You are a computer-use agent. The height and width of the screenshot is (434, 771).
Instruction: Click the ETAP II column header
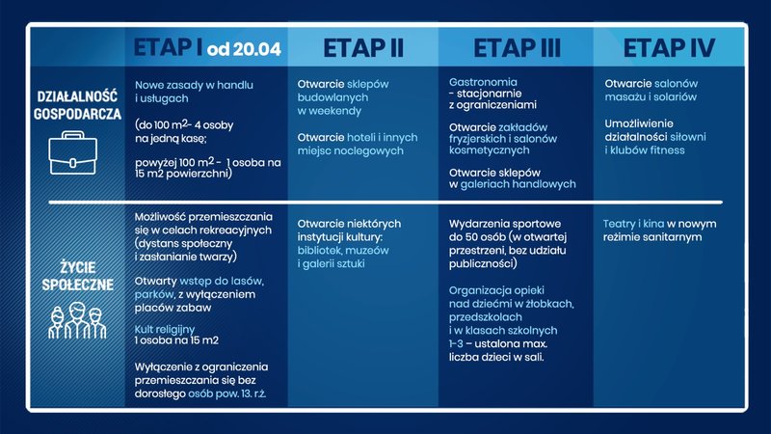(362, 47)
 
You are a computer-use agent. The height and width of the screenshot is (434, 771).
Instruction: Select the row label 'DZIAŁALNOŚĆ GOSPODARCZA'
(78, 104)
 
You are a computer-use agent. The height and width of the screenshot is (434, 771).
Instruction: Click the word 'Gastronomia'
(483, 82)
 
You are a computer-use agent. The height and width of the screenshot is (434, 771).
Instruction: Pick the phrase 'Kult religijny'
(172, 330)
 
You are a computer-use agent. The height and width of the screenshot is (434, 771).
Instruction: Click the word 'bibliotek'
(323, 251)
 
